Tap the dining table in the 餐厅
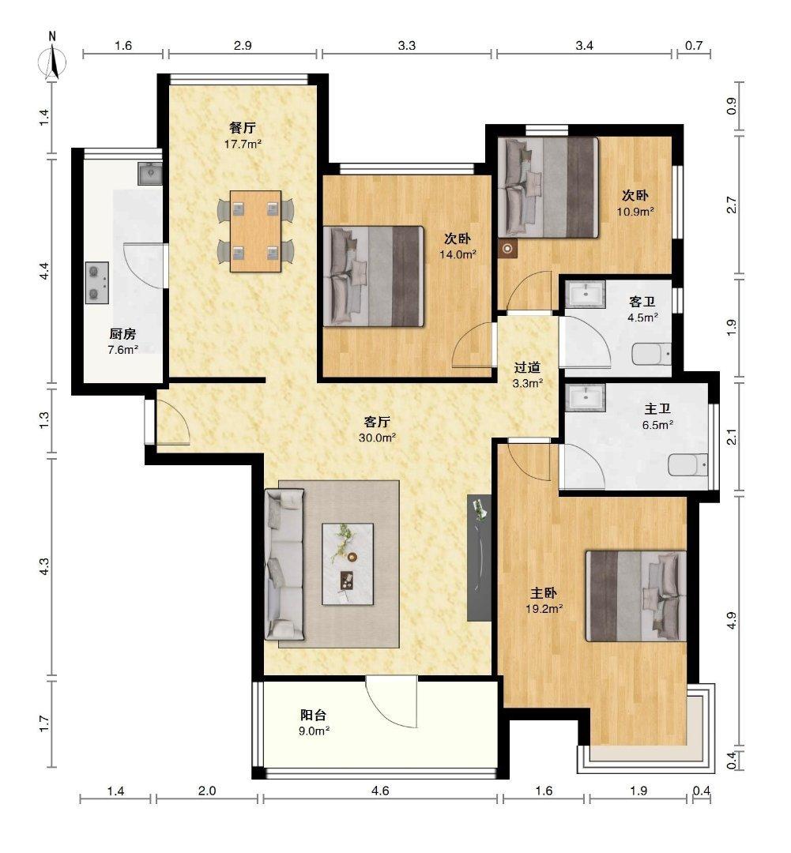point(255,231)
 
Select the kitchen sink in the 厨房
point(149,174)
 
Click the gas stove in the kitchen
point(97,282)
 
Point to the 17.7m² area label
point(243,145)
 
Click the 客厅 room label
point(377,422)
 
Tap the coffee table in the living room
point(348,564)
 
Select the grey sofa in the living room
point(284,564)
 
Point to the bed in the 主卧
point(635,596)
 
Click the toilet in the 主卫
point(688,465)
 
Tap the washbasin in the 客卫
point(586,294)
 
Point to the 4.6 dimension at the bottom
point(380,791)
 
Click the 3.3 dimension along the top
point(407,46)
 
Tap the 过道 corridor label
point(527,368)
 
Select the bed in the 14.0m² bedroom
point(374,276)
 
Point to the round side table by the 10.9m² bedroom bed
point(507,249)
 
